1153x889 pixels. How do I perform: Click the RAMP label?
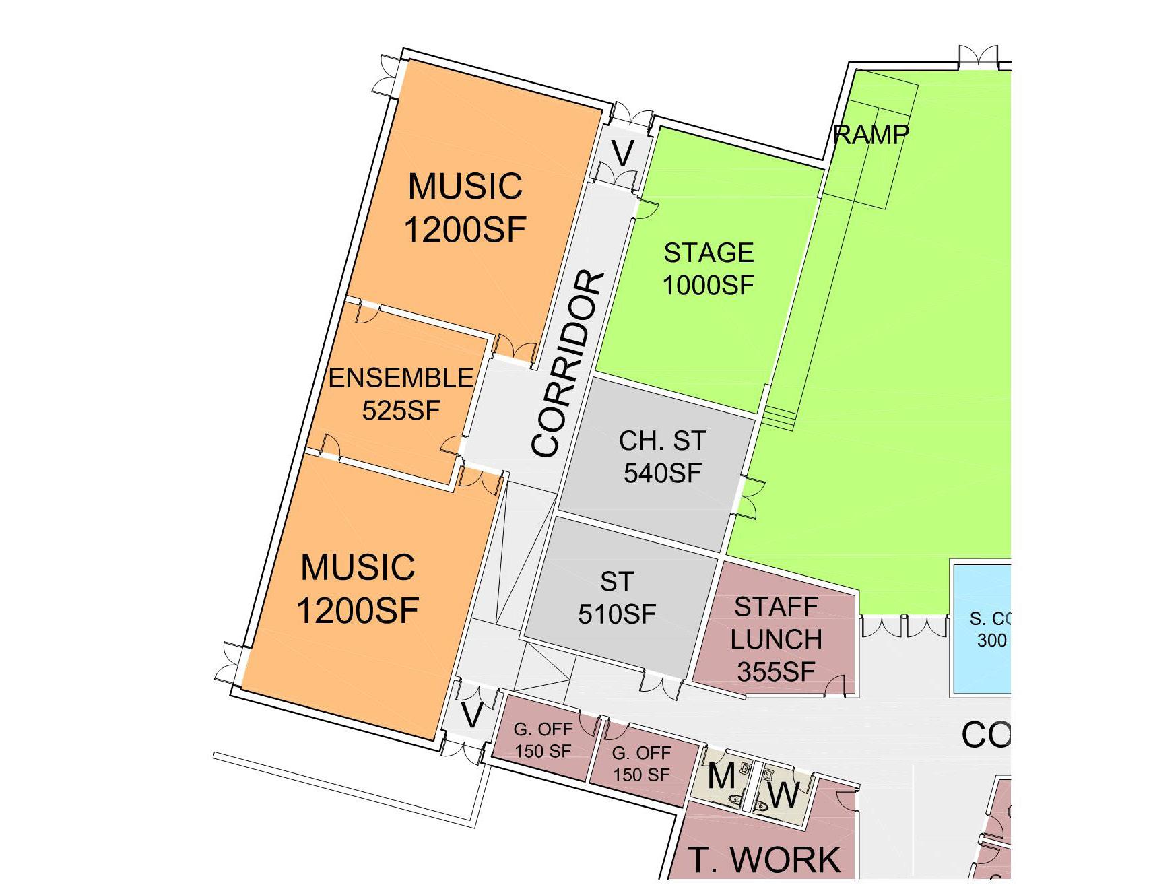pos(871,135)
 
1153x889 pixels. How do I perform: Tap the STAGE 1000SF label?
pos(709,269)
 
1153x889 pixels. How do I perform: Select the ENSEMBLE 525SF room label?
pos(401,393)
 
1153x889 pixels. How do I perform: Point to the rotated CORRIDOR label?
pos(568,364)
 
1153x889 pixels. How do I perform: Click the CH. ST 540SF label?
pos(662,457)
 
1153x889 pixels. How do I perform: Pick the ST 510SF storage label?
pos(617,597)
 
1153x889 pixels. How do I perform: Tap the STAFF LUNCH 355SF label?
pos(777,639)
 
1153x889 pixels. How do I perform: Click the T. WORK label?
pos(764,859)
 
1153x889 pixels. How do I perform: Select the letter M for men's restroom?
pos(721,776)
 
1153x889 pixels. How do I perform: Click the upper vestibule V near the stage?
pos(622,154)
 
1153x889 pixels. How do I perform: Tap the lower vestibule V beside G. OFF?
pos(471,715)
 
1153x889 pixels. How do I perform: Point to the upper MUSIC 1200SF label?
pos(465,207)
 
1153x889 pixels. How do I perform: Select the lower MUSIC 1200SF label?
pos(358,589)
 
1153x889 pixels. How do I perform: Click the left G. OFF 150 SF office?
pos(543,739)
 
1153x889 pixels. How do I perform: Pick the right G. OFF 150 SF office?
pos(641,764)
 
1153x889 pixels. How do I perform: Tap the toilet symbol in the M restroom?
pos(735,799)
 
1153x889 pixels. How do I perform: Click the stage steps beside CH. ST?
pos(779,418)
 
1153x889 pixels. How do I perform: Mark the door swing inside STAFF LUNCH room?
pos(835,684)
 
